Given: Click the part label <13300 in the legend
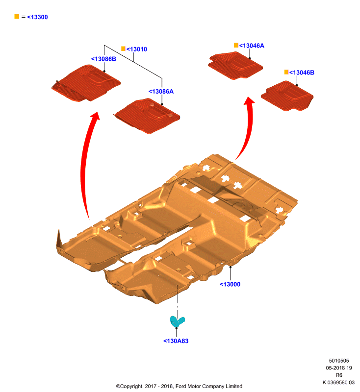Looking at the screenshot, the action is pos(37,17).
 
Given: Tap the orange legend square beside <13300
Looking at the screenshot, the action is pos(17,17).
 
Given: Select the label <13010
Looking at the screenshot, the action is pos(137,49).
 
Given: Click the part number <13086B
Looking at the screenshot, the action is pos(103,59).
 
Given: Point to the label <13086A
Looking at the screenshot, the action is pos(161,92).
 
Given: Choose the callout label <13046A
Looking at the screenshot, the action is pos(252,46).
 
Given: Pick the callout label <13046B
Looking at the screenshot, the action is pos(302,73).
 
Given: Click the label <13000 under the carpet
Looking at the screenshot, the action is pos(230,284).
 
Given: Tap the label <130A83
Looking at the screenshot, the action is pos(176,341).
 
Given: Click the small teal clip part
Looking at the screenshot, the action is pos(177,321).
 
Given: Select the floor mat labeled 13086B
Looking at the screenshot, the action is pos(86,83).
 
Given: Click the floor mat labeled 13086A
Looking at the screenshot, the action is pos(148,116).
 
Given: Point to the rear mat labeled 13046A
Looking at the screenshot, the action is pos(235,66).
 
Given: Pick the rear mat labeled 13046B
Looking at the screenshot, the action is pos(287,96).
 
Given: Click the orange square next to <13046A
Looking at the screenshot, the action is pos(236,45).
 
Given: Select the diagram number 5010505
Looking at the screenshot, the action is pos(339,361).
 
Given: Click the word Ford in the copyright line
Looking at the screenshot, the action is pos(181,386).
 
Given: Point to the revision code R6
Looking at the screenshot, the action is pos(339,375).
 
